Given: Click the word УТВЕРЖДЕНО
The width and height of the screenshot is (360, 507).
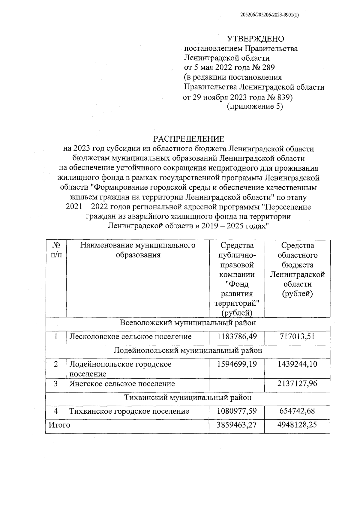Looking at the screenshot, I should pos(255,39).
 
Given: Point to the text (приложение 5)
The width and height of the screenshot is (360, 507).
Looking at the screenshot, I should pos(255,106).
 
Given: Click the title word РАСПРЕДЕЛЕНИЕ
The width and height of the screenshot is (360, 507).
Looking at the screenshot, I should pos(189,139).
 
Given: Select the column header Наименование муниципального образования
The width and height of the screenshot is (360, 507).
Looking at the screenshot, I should pos(138,250).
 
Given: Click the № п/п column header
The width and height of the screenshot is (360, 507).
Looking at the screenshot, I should pos(56,250).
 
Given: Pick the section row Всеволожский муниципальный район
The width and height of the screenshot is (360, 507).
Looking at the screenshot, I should pos(188,323).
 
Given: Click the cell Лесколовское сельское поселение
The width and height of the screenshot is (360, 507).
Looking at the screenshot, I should pos(130,337).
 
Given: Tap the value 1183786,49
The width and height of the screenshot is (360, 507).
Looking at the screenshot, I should pos(237,337).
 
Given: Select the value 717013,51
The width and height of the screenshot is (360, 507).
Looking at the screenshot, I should pos(297,337).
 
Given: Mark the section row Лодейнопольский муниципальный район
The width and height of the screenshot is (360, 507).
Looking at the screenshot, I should pos(188,350).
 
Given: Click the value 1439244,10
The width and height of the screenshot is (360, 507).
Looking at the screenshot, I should pos(297,364).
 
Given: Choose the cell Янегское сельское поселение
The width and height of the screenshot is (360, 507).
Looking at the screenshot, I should pos(122,384).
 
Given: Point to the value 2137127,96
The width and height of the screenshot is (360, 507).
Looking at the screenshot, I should pos(297,384).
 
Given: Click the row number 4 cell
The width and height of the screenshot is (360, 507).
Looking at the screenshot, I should pos(56,411).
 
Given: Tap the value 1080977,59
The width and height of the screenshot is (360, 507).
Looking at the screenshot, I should pos(237,411).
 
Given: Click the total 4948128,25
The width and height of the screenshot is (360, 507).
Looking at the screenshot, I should pos(297,425).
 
